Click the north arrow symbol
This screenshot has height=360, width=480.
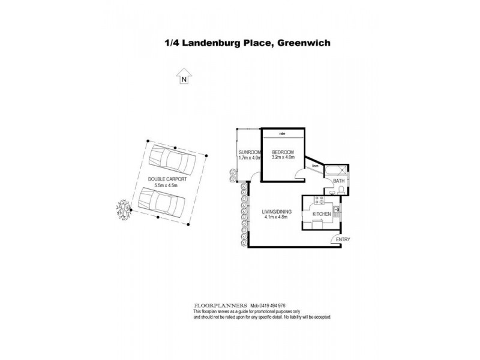click(x=184, y=76)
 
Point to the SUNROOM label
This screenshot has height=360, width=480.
click(x=249, y=152)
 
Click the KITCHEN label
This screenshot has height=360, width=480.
click(x=322, y=214)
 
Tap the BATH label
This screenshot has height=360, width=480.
click(x=339, y=181)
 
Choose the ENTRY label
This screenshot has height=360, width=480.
click(x=343, y=240)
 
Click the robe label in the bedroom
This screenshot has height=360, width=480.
click(x=282, y=134)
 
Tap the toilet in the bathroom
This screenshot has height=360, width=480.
click(x=341, y=190)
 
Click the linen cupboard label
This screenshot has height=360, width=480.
click(x=314, y=166)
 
